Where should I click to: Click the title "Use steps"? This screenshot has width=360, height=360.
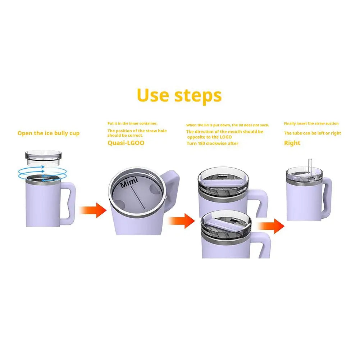[x=179, y=96]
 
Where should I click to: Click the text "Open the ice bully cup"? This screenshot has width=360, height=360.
[x=49, y=133]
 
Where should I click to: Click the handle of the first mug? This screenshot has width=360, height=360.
[x=70, y=204]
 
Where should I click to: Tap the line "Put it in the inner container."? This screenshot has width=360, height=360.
[x=132, y=123]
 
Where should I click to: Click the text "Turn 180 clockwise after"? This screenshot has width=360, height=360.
[x=212, y=143]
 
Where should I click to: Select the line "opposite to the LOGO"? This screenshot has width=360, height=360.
[x=209, y=137]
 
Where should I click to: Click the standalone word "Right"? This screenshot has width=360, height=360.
[x=292, y=143]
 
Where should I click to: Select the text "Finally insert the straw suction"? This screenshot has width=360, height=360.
[x=311, y=124]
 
